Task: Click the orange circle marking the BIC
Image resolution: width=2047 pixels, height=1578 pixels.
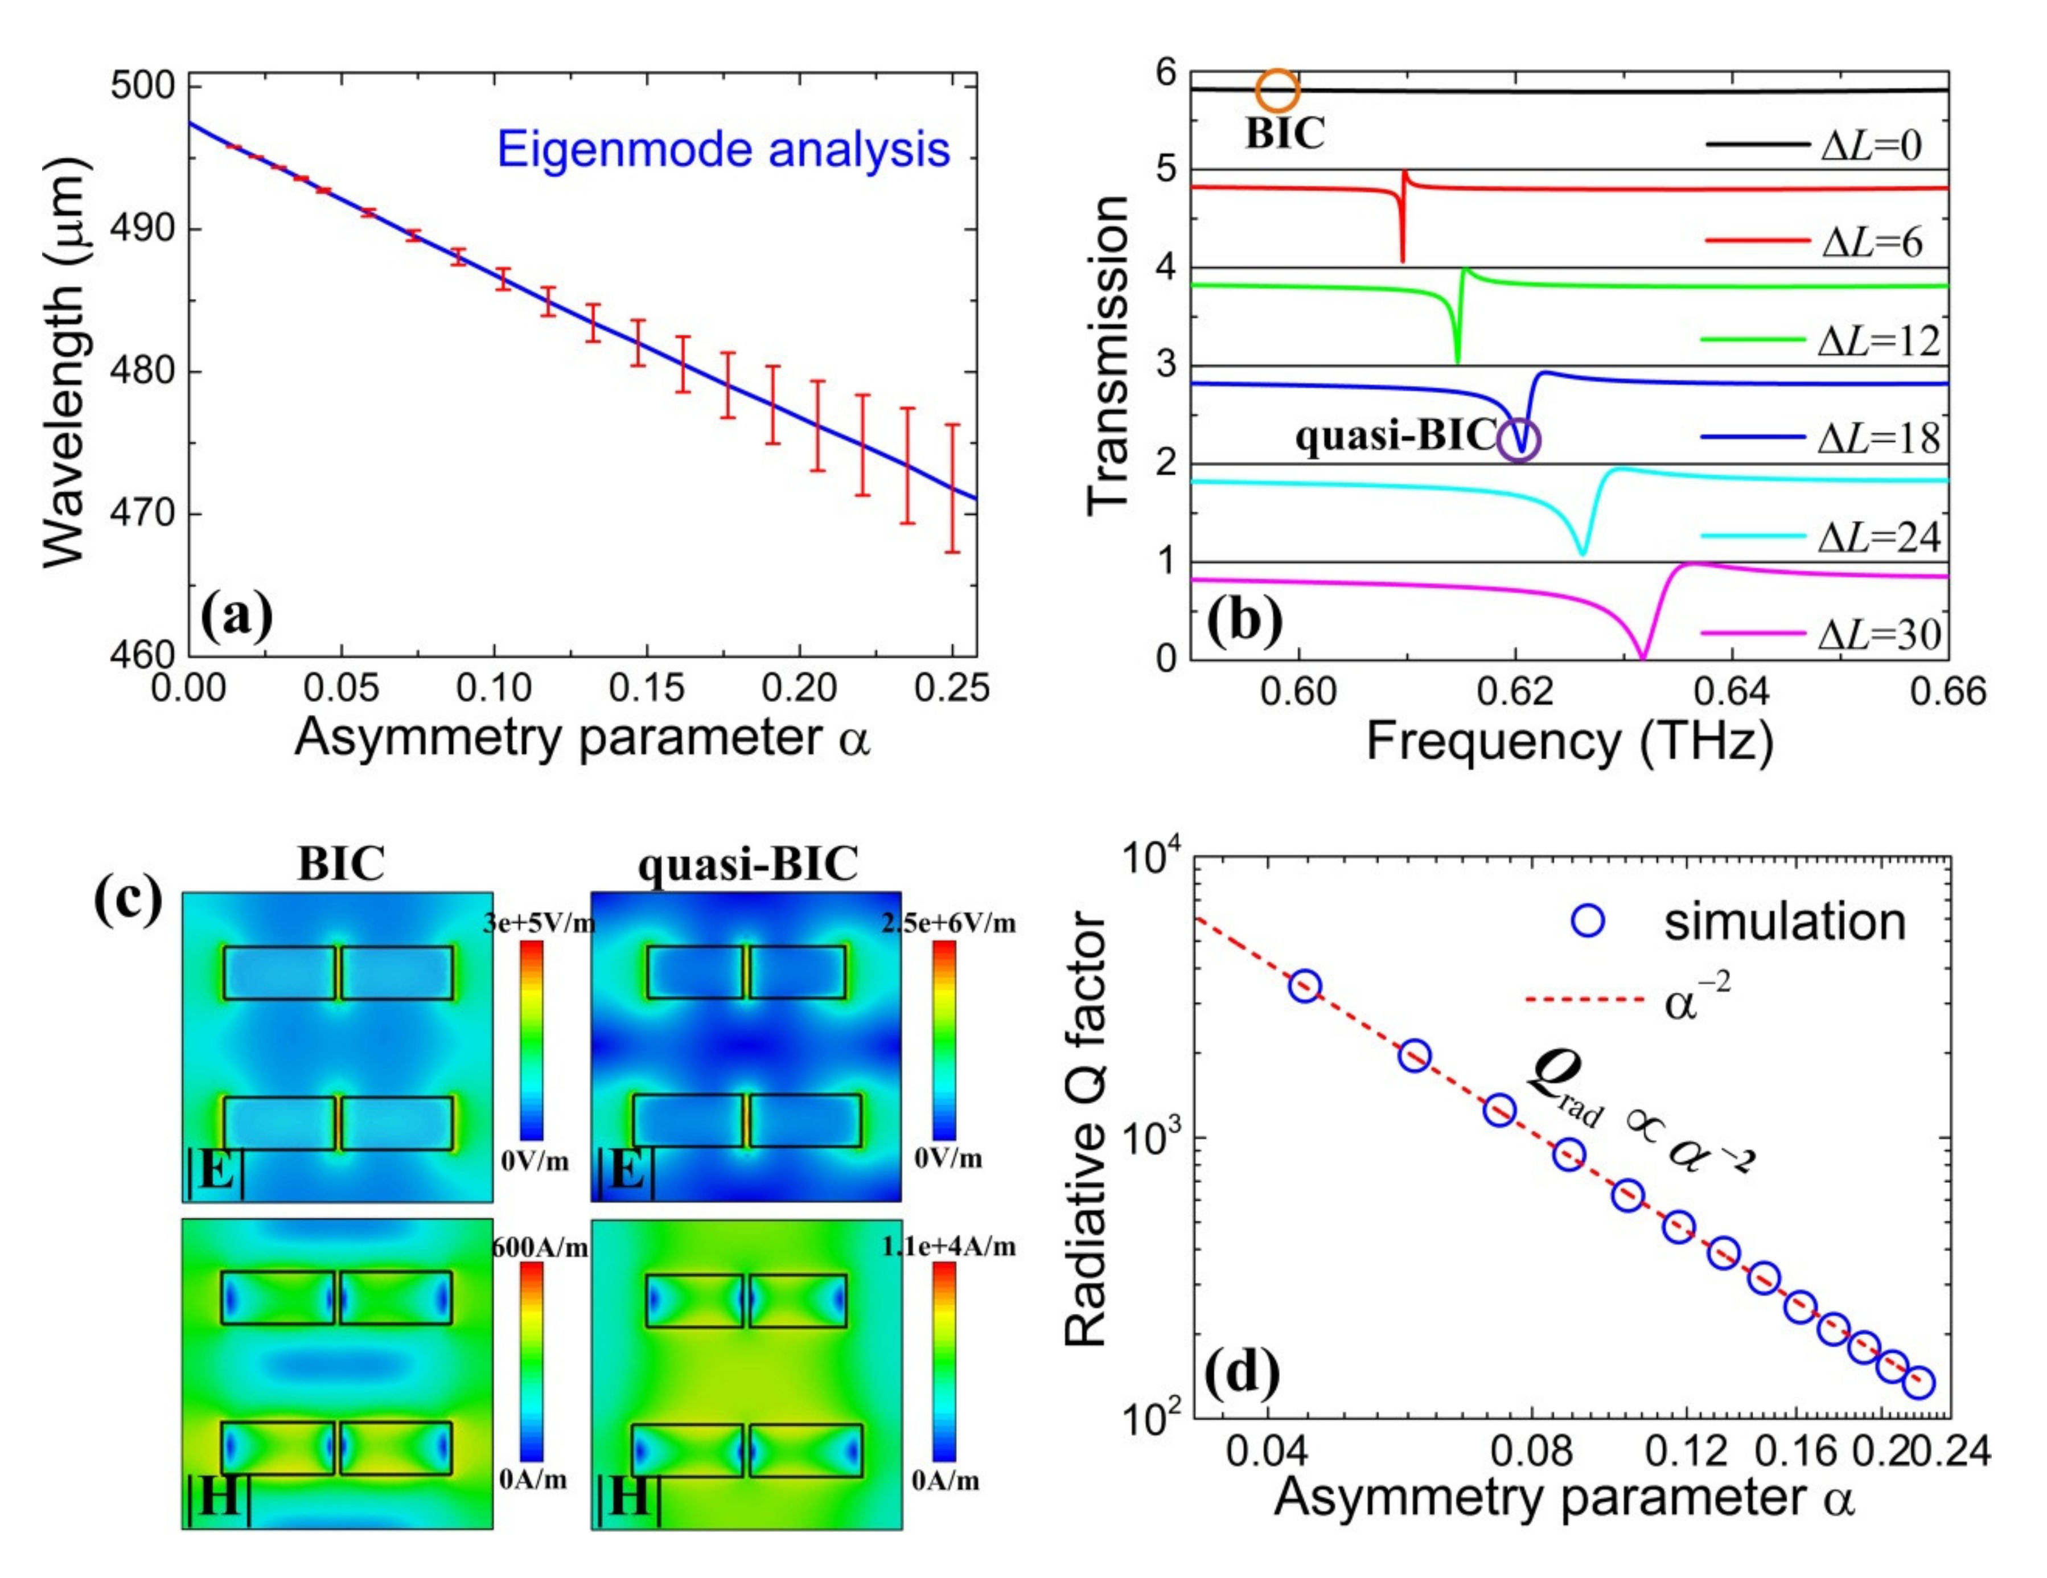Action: [1277, 92]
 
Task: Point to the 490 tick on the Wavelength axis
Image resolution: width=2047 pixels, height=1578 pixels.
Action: [142, 229]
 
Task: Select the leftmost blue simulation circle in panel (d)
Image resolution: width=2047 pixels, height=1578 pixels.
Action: [1305, 986]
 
